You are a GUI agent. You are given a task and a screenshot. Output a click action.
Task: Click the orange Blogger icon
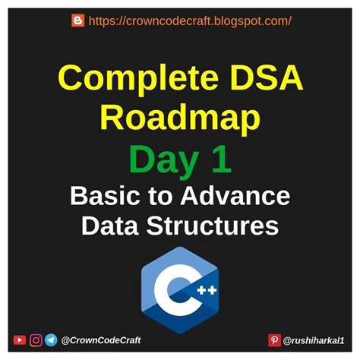[x=78, y=21]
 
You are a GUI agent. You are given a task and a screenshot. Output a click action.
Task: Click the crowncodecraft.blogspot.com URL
[x=190, y=21]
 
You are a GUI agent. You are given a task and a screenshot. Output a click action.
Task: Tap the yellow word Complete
[x=138, y=78]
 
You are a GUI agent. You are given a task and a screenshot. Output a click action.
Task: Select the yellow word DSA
[x=267, y=77]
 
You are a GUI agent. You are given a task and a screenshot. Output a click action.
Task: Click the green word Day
[x=164, y=161]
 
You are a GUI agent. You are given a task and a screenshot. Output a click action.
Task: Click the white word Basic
[x=105, y=196]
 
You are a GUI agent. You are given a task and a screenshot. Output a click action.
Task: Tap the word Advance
[x=235, y=196]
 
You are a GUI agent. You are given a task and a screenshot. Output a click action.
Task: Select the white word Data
[x=110, y=226]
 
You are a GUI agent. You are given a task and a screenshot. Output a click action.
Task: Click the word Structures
[x=213, y=226]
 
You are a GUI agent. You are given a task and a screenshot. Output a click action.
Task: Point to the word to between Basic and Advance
[x=160, y=197]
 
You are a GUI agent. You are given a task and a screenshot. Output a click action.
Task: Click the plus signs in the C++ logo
[x=207, y=290]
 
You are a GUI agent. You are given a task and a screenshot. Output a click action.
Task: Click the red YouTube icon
[x=20, y=340]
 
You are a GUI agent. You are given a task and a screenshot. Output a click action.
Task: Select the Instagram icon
[x=36, y=340]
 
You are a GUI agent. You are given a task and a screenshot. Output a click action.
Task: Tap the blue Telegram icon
[x=51, y=340]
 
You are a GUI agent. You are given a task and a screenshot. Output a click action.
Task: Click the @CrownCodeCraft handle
[x=101, y=340]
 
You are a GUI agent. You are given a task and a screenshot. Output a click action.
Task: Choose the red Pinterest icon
[x=274, y=340]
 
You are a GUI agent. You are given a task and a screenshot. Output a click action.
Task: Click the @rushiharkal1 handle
[x=314, y=341]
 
